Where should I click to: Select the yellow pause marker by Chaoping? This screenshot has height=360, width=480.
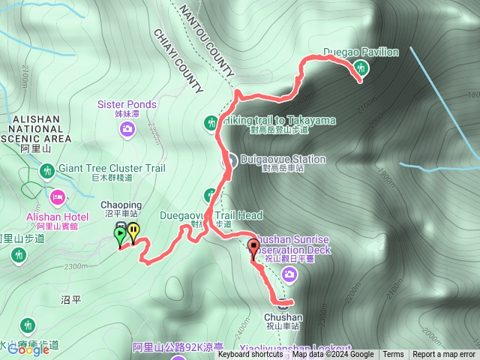[133, 232]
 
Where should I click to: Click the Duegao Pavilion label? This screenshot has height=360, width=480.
[361, 52]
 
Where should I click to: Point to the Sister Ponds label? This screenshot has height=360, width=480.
[127, 104]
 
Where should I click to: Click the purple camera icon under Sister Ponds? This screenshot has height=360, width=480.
[127, 129]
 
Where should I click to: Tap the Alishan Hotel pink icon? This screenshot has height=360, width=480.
[57, 197]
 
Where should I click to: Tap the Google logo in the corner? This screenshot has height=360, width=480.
[29, 349]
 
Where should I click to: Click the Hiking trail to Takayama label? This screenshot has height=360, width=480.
[275, 120]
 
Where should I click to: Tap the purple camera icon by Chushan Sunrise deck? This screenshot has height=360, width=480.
[289, 276]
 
